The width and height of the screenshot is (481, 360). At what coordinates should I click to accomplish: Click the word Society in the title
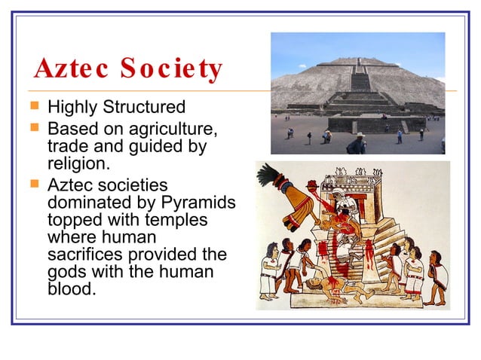[x=169, y=69]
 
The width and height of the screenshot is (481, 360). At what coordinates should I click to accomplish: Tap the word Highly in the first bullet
[x=71, y=107]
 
